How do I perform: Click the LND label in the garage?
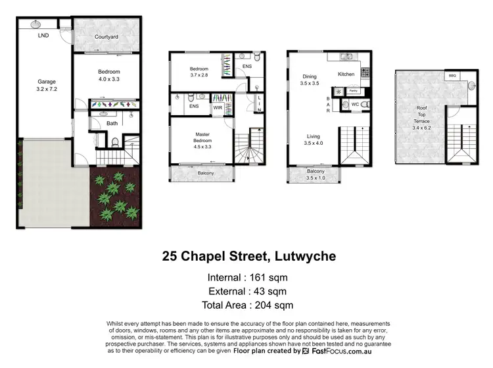pos(43,34)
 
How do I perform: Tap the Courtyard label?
pos(106,37)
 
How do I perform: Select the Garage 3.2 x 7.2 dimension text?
pos(47,86)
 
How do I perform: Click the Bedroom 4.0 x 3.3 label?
pos(106,75)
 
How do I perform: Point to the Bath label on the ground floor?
pos(112,123)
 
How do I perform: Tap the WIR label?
pos(216,107)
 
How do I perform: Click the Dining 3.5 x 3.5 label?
pos(309,80)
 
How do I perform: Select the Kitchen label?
pos(346,74)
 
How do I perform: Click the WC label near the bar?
pos(354,104)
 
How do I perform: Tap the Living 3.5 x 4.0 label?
pos(313,141)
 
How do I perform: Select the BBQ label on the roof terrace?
pos(452,76)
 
